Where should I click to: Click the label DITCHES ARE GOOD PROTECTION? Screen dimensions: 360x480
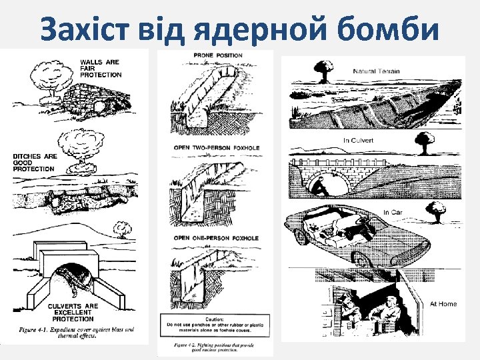(33, 163)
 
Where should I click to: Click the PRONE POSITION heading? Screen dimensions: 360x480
(218, 55)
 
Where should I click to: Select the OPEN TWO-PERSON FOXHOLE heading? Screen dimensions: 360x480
(216, 147)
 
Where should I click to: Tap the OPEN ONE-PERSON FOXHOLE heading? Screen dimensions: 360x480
(216, 238)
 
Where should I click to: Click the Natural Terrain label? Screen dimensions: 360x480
(377, 70)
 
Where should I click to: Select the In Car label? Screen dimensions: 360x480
(393, 213)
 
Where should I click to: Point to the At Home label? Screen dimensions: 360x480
(443, 304)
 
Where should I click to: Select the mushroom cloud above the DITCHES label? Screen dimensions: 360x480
(79, 145)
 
